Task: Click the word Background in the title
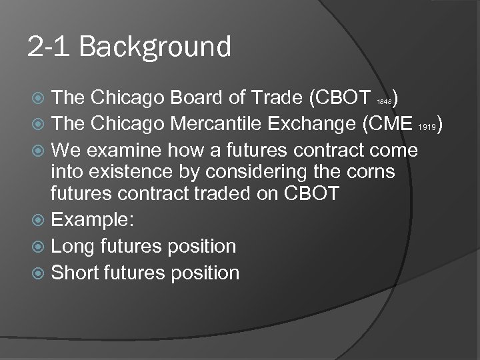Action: point(159,48)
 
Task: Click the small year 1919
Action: point(427,127)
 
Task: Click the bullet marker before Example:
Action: point(41,222)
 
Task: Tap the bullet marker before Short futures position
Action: point(41,271)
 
